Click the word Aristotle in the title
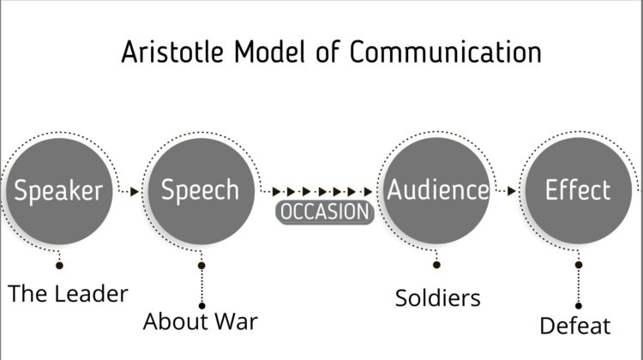pyautogui.click(x=172, y=52)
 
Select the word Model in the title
pyautogui.click(x=270, y=51)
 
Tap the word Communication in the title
pyautogui.click(x=445, y=51)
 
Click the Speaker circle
pyautogui.click(x=59, y=191)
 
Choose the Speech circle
pyautogui.click(x=201, y=191)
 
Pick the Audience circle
pyautogui.click(x=436, y=190)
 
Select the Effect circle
pyautogui.click(x=579, y=190)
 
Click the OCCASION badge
pyautogui.click(x=325, y=212)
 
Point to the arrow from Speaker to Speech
pyautogui.click(x=129, y=191)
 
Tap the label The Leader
pyautogui.click(x=68, y=294)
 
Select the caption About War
pyautogui.click(x=201, y=321)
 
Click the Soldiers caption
pyautogui.click(x=438, y=298)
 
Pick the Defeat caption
pyautogui.click(x=575, y=326)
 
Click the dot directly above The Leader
pyautogui.click(x=59, y=266)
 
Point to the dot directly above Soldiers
pyautogui.click(x=436, y=265)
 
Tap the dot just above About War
pyautogui.click(x=201, y=305)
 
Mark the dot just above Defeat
pyautogui.click(x=579, y=305)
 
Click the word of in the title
pyautogui.click(x=328, y=51)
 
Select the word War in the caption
pyautogui.click(x=237, y=321)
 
